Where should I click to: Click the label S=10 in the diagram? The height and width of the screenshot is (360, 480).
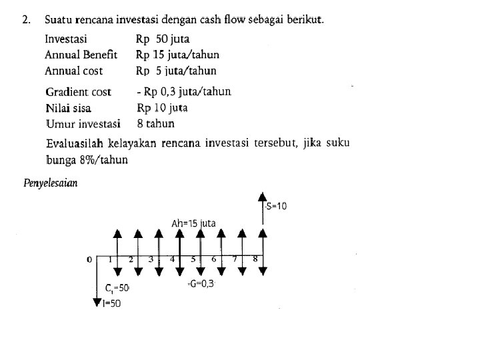(x=275, y=206)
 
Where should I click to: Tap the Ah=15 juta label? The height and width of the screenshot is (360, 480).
(x=193, y=223)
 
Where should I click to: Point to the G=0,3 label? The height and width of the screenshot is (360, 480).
(x=201, y=283)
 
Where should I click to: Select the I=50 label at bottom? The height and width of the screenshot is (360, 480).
(x=111, y=304)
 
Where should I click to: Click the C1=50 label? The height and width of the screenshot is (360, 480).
(x=117, y=288)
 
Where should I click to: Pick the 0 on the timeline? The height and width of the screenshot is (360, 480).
(x=89, y=259)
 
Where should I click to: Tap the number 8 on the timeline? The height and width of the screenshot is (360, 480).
(x=255, y=259)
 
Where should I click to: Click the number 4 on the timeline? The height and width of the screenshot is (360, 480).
(x=172, y=259)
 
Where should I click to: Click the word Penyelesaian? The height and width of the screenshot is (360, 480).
(x=51, y=183)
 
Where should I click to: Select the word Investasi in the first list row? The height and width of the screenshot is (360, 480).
(x=65, y=39)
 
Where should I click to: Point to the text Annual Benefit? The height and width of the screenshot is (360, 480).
(x=81, y=55)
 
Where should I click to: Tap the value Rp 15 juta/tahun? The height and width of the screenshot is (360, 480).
(x=177, y=55)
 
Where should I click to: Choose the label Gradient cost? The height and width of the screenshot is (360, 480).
(x=78, y=92)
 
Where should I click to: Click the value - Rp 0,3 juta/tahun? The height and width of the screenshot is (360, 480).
(x=183, y=91)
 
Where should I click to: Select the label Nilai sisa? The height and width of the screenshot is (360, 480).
(x=68, y=108)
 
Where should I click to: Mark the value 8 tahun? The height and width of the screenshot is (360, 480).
(x=155, y=123)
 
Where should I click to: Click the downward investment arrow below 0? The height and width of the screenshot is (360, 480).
(x=97, y=293)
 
